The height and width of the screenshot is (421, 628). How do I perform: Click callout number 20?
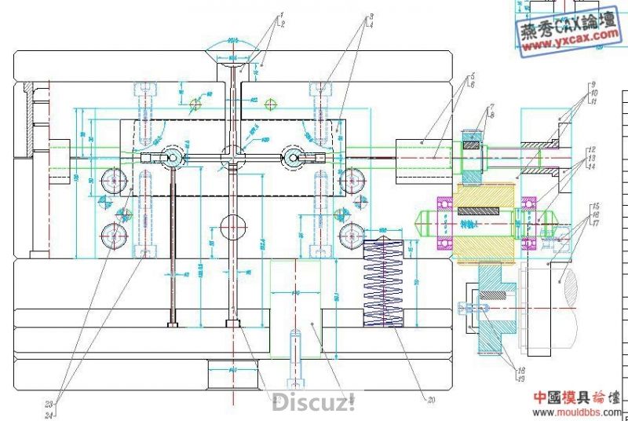[x=431, y=400]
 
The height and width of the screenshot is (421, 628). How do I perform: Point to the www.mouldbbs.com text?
[x=580, y=411]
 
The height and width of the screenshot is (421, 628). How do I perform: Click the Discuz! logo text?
[x=314, y=404]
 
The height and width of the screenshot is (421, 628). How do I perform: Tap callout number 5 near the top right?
[x=472, y=76]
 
